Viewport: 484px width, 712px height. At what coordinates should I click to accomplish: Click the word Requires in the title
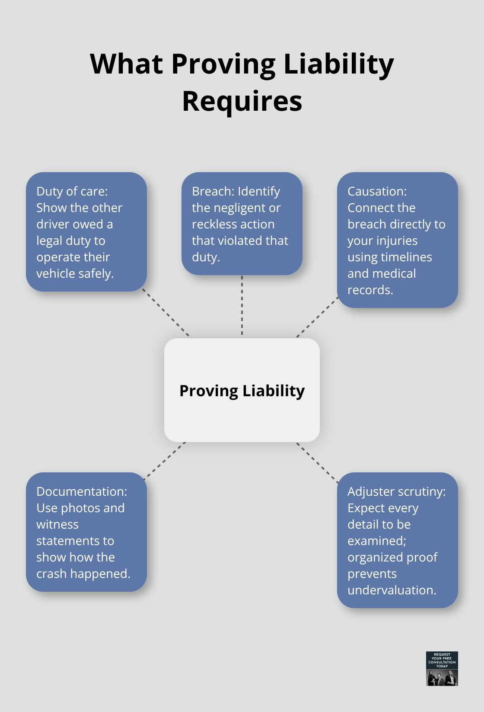pyautogui.click(x=242, y=102)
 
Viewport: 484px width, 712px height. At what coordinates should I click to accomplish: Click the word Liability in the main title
pyautogui.click(x=338, y=64)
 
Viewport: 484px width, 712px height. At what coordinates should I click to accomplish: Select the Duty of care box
pyautogui.click(x=86, y=232)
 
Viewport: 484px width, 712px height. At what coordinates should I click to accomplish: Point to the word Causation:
pyautogui.click(x=377, y=191)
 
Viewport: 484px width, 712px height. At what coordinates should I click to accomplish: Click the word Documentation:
pyautogui.click(x=82, y=491)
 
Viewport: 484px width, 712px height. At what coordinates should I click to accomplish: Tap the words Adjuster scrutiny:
pyautogui.click(x=396, y=491)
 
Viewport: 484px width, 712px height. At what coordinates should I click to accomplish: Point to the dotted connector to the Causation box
pyautogui.click(x=318, y=317)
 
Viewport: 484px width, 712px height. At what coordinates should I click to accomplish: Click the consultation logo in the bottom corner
pyautogui.click(x=442, y=668)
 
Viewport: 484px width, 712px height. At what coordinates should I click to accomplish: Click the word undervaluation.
pyautogui.click(x=392, y=590)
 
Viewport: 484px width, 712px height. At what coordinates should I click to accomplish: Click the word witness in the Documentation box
pyautogui.click(x=57, y=524)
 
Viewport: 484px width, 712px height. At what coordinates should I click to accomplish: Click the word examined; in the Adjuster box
pyautogui.click(x=377, y=541)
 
